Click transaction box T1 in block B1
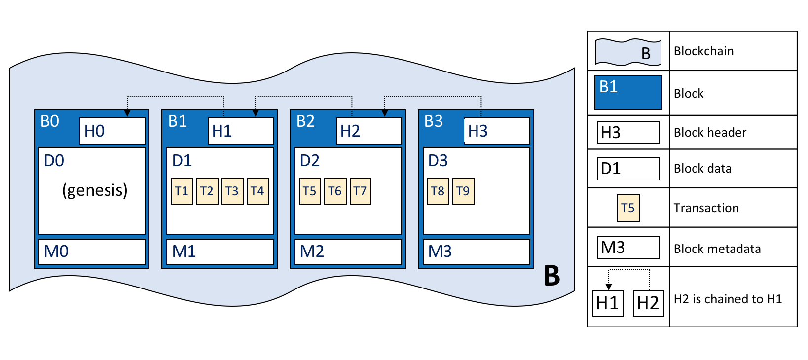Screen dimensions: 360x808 pyautogui.click(x=182, y=191)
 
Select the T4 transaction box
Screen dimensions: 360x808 pyautogui.click(x=257, y=191)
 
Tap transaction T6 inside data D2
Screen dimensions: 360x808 pyautogui.click(x=335, y=191)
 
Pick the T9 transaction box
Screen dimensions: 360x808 pyautogui.click(x=463, y=191)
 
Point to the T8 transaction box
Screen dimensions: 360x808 pyautogui.click(x=438, y=191)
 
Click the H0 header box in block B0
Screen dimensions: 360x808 pyautogui.click(x=112, y=131)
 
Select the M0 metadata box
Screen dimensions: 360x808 pyautogui.click(x=92, y=252)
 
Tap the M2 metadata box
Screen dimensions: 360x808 pyautogui.click(x=348, y=252)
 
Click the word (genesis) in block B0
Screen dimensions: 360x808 pyautogui.click(x=95, y=190)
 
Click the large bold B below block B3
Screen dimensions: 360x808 pyautogui.click(x=552, y=276)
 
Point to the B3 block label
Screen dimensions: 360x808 pyautogui.click(x=434, y=121)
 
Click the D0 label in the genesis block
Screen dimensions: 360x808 pyautogui.click(x=54, y=161)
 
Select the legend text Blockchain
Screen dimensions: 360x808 pyautogui.click(x=703, y=51)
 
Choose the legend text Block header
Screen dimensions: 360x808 pyautogui.click(x=710, y=133)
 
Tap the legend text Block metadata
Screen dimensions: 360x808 pyautogui.click(x=717, y=249)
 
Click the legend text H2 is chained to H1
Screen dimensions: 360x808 pyautogui.click(x=728, y=299)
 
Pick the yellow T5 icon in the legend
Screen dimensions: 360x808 pyautogui.click(x=628, y=208)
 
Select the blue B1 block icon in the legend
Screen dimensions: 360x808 pyautogui.click(x=628, y=93)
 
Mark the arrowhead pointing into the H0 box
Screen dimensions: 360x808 pyautogui.click(x=127, y=113)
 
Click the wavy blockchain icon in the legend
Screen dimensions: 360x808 pyautogui.click(x=628, y=52)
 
